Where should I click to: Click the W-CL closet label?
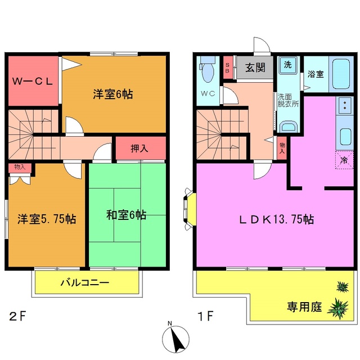coord(34,80)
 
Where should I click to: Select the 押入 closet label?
coord(140,149)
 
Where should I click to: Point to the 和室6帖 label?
coord(127,214)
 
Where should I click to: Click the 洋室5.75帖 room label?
coord(47,218)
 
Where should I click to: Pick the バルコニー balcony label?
coord(84,282)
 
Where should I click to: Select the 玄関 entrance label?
coord(255,68)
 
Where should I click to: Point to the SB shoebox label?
coord(227,68)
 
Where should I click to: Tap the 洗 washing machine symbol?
coord(287,64)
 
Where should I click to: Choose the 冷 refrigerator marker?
coord(343,160)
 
